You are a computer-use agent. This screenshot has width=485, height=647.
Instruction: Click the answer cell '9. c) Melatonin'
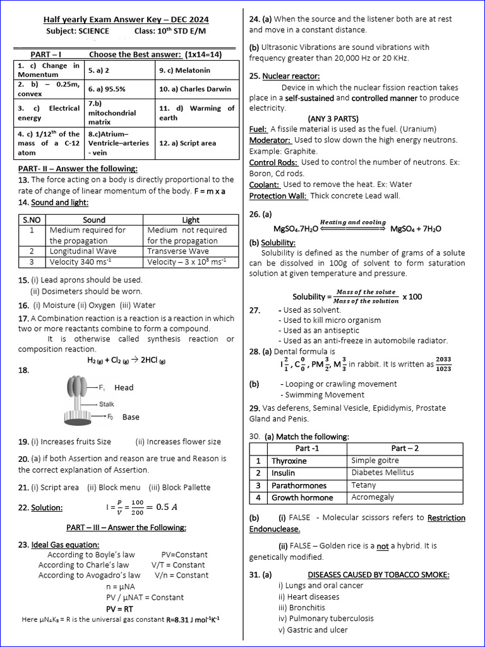coord(184,70)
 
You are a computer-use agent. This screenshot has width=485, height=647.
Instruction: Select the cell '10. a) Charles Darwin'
coord(195,90)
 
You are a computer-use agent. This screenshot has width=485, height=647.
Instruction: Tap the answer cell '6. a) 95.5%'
coord(107,90)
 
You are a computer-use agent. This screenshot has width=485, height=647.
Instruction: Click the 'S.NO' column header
coord(32,220)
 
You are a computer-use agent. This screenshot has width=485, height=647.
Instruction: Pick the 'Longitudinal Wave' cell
coord(83,251)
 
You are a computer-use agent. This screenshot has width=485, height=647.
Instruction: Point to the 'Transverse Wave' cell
coord(177,251)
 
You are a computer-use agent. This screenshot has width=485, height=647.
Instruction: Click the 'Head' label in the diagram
coord(124,387)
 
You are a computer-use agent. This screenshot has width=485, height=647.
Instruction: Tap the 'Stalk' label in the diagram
coord(107,404)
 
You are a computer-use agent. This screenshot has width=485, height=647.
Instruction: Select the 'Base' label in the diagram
coord(131,417)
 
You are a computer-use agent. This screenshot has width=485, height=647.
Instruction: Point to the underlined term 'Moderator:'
coord(270,140)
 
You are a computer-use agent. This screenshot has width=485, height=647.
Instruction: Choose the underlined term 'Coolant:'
coord(265,184)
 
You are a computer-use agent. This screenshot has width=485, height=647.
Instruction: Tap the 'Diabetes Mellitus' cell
coord(383,473)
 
